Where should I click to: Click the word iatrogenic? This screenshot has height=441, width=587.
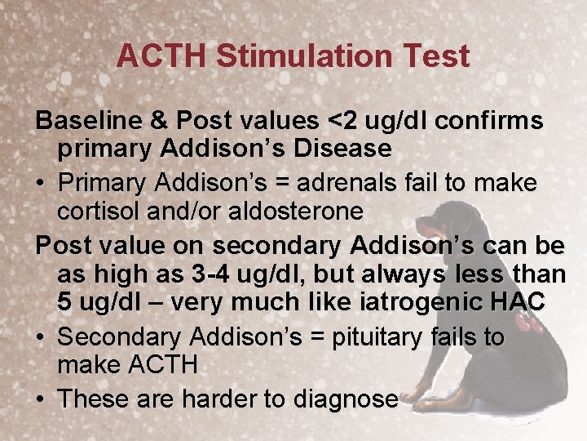pyautogui.click(x=416, y=303)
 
